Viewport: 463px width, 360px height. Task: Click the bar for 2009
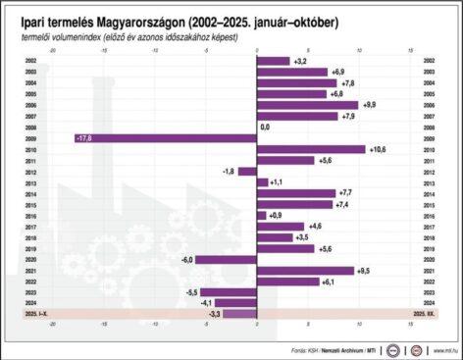(165, 138)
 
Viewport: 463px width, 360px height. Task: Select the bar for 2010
(310, 149)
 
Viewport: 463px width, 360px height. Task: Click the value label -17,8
(84, 138)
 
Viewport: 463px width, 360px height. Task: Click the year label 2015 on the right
(430, 204)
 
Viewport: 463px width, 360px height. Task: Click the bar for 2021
(304, 270)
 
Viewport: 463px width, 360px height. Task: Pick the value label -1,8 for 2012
(229, 171)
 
